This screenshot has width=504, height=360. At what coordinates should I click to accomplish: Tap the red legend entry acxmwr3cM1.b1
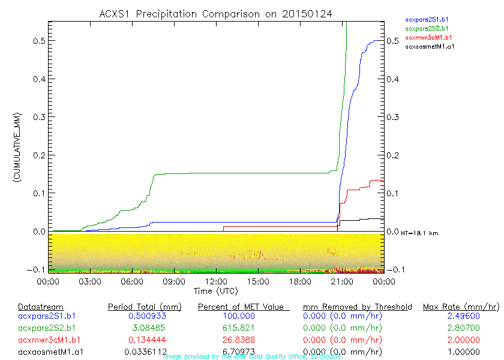[x=427, y=37]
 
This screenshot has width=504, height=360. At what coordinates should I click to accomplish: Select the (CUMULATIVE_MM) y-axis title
[x=17, y=147]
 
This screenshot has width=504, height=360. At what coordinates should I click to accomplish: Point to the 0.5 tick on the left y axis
[x=37, y=41]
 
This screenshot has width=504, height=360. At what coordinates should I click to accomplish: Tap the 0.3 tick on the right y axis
[x=394, y=117]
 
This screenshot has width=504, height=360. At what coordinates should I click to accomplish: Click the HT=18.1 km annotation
[x=419, y=233]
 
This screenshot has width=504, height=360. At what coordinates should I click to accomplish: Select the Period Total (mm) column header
[x=145, y=307]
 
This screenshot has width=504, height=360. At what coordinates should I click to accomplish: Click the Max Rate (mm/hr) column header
[x=461, y=307]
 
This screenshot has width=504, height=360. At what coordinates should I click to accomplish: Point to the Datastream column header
[x=41, y=307]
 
